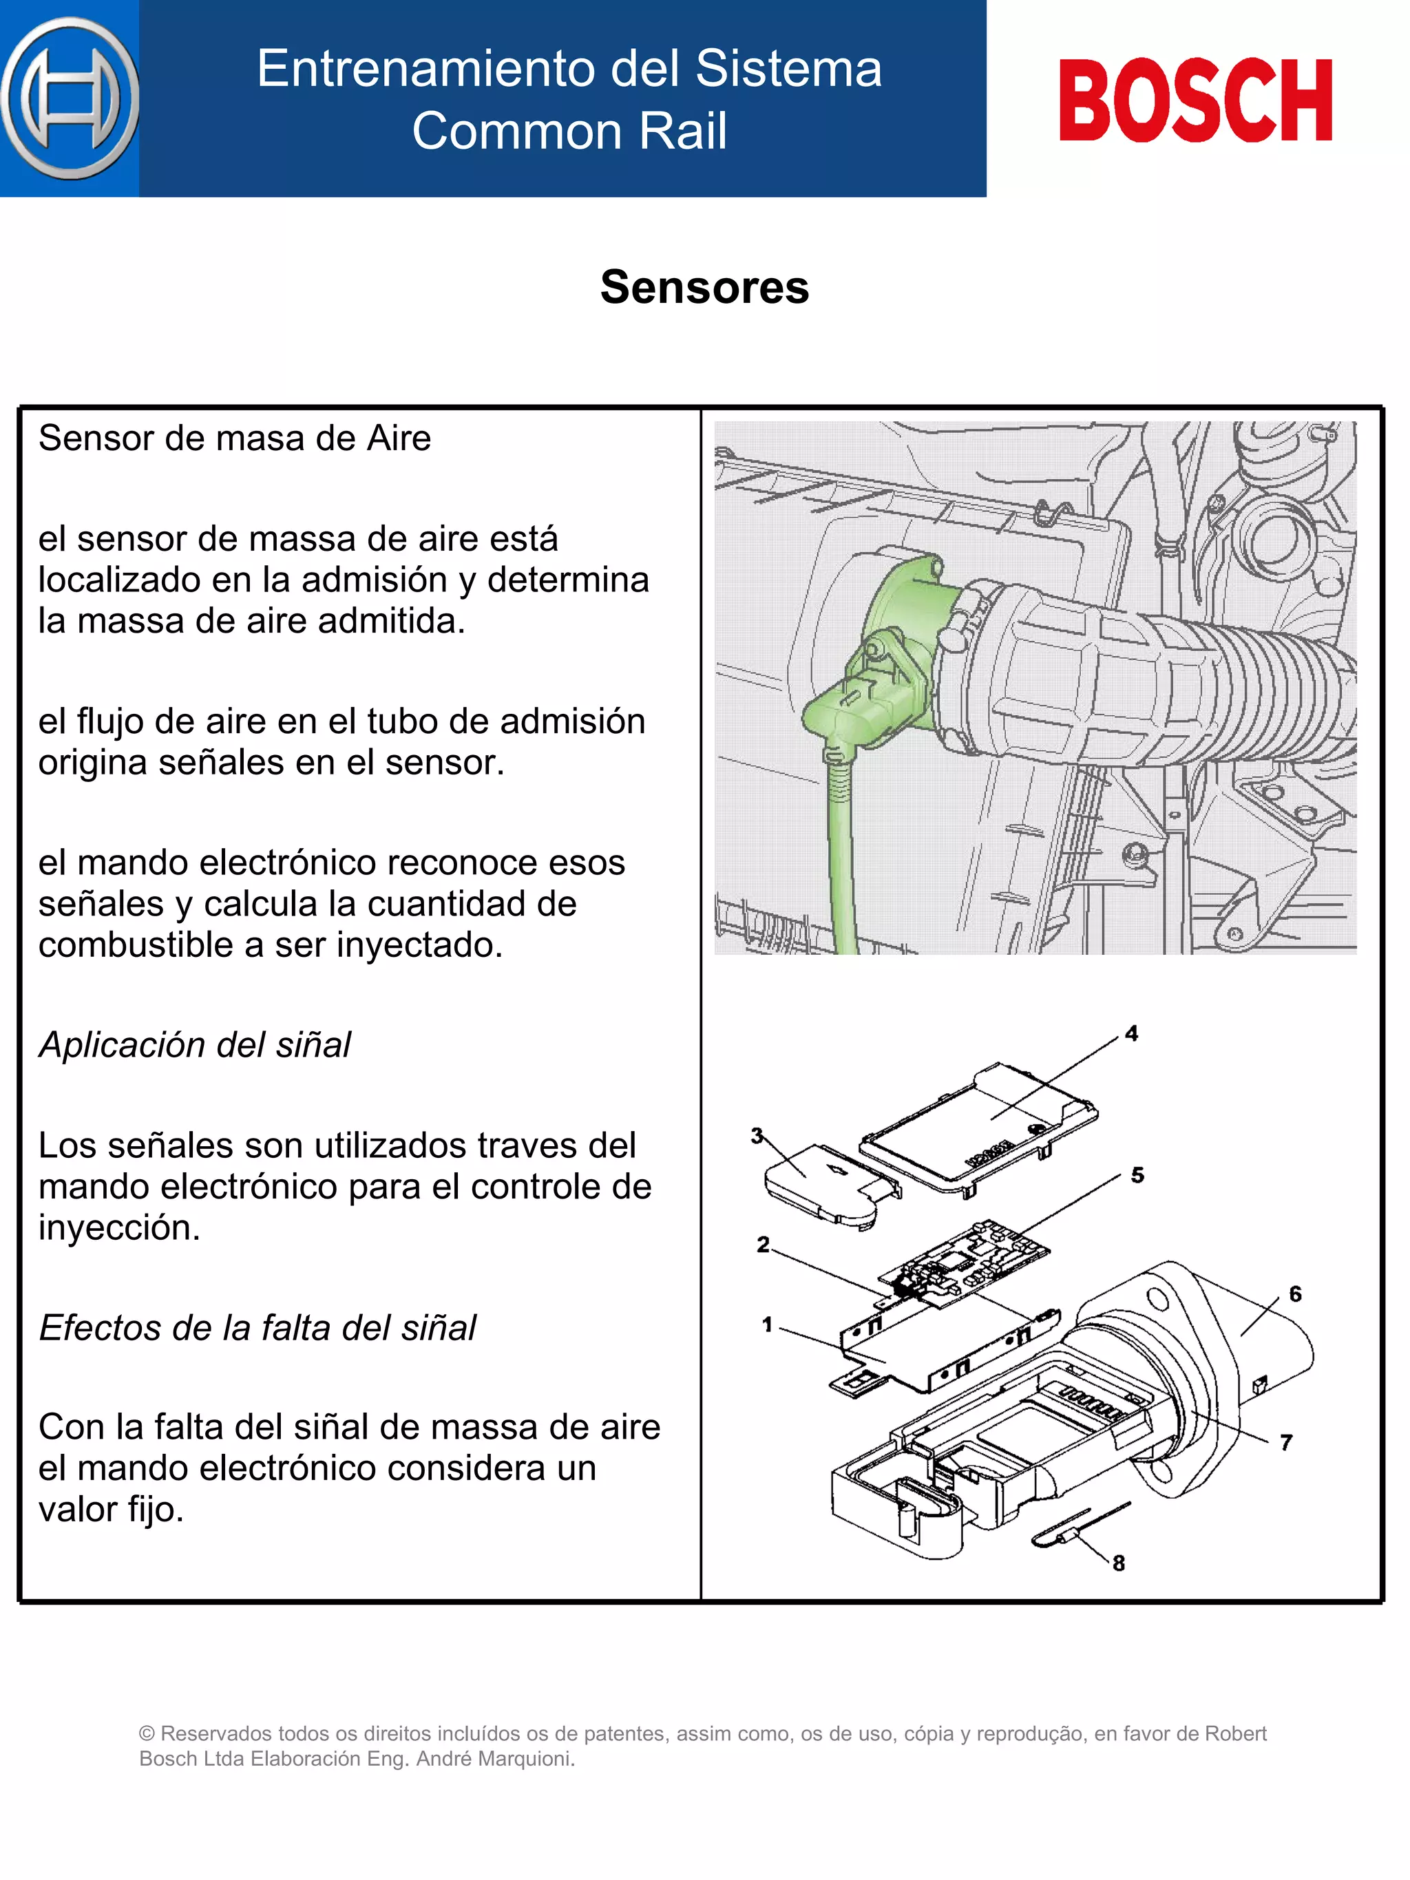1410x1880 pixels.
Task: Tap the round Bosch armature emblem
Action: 70,98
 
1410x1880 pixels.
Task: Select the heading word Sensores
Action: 704,286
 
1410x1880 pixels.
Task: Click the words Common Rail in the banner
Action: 569,131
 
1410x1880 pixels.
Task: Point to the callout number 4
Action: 1131,1033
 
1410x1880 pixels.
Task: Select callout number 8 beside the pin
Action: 1119,1562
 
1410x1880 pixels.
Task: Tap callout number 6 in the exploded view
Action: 1295,1293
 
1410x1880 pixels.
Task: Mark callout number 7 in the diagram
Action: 1286,1441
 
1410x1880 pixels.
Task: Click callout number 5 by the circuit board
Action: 1137,1175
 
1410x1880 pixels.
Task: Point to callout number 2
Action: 762,1244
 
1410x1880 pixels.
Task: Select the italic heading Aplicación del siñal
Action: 195,1044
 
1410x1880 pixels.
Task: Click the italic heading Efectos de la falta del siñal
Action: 257,1327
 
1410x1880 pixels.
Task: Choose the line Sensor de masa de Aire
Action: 235,439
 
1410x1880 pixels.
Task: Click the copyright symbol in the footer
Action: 147,1734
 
